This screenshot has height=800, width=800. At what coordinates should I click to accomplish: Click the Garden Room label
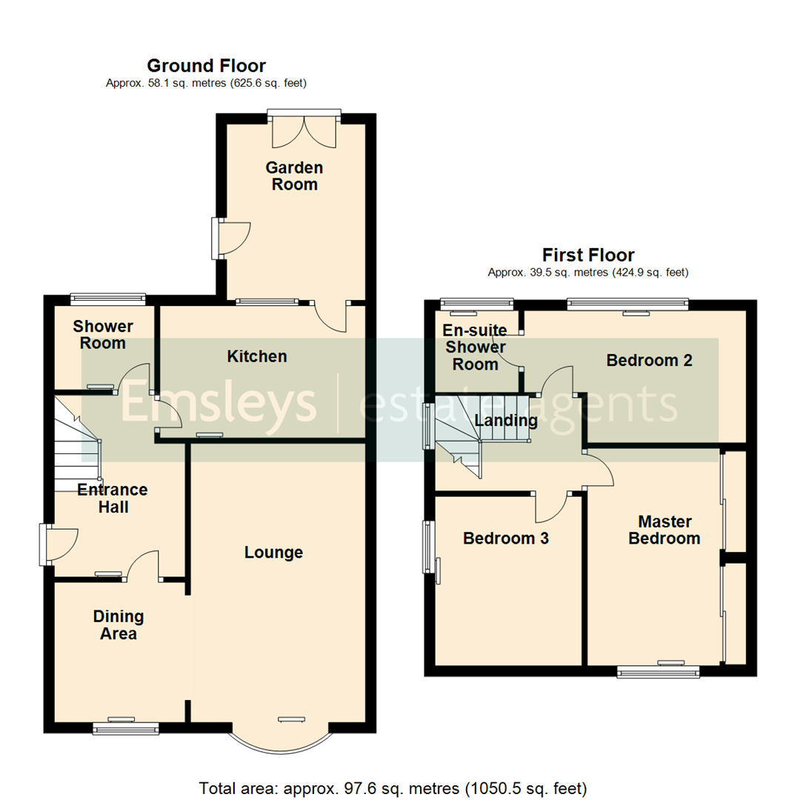[x=294, y=176]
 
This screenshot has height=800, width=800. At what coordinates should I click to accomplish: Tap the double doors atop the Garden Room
[x=304, y=130]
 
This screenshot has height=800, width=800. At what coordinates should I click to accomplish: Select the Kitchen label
[x=256, y=357]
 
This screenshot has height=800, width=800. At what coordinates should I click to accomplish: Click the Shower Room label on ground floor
[x=103, y=335]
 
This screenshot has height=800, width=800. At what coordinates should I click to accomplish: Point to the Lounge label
[x=273, y=553]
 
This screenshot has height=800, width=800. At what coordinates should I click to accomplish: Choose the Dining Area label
[x=119, y=625]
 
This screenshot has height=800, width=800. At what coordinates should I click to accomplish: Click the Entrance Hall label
[x=113, y=499]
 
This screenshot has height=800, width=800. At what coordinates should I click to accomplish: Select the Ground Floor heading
[x=206, y=66]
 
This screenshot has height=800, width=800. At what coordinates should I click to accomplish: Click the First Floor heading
[x=588, y=256]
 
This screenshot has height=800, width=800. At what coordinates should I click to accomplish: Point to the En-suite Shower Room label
[x=475, y=347]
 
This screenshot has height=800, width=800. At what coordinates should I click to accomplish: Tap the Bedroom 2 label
[x=649, y=361]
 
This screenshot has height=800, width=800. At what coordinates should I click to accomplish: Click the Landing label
[x=506, y=421]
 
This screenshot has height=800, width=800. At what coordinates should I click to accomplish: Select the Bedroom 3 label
[x=505, y=539]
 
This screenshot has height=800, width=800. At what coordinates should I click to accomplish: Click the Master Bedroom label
[x=664, y=530]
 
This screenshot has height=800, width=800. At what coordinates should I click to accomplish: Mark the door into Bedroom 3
[x=551, y=507]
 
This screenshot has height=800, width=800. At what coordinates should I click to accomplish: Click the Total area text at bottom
[x=393, y=787]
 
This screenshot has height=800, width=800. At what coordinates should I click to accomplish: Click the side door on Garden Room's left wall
[x=232, y=238]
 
